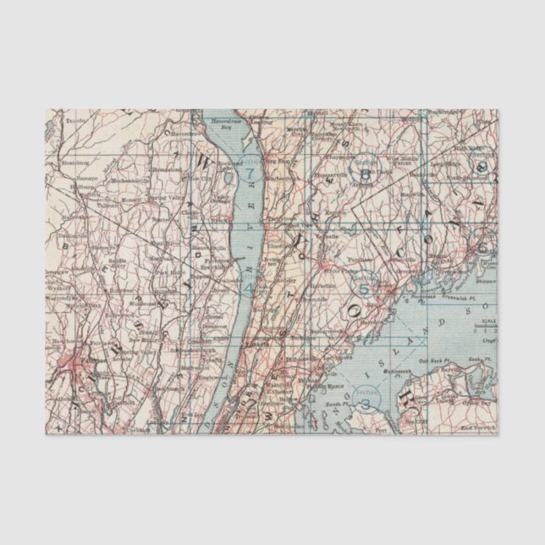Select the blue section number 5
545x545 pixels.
click(x=365, y=289)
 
